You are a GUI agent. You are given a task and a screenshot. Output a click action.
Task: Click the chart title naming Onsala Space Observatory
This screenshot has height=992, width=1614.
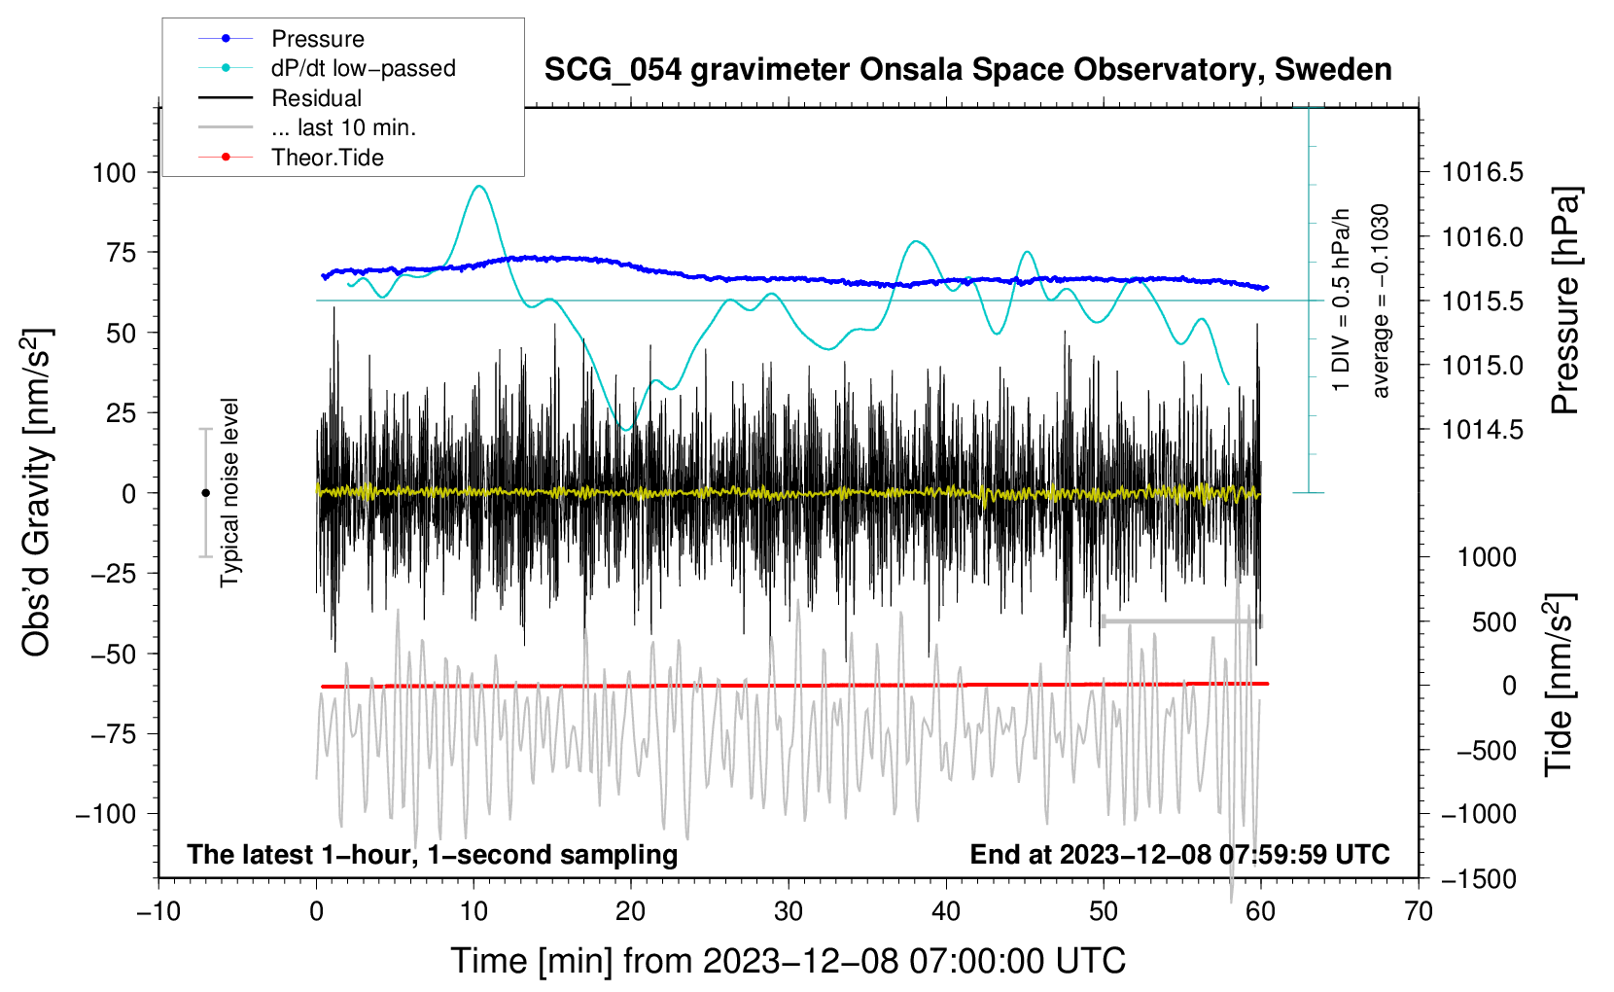[x=967, y=70]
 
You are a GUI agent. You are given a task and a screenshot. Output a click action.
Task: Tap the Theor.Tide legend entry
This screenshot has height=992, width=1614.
[x=327, y=158]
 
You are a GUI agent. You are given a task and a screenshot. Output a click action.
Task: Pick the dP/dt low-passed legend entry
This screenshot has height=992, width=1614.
[x=363, y=68]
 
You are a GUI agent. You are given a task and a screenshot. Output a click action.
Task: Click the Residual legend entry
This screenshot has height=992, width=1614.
[x=316, y=98]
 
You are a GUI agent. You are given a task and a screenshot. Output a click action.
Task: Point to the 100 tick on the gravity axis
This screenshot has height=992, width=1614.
[x=114, y=172]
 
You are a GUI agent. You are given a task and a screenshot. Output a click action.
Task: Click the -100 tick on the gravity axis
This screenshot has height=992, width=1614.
[x=106, y=813]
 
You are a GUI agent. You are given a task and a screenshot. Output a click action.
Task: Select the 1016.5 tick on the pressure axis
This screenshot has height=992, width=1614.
[x=1482, y=172]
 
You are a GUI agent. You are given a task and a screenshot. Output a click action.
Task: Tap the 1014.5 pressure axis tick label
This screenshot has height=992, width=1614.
[x=1482, y=429]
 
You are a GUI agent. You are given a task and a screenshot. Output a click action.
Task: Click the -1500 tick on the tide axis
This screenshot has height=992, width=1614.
[x=1478, y=878]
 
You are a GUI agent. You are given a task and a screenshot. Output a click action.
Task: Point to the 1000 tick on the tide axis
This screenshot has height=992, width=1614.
[x=1487, y=557]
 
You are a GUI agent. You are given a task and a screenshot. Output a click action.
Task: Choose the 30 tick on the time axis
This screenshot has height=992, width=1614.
[x=789, y=911]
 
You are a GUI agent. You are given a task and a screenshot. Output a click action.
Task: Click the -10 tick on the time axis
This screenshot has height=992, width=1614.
[x=158, y=911]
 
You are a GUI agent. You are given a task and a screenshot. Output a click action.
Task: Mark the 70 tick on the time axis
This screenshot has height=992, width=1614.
[x=1419, y=911]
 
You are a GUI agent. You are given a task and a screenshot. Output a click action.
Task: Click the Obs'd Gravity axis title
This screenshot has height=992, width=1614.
[x=37, y=492]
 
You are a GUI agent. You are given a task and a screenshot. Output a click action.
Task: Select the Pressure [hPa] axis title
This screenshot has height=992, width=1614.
[x=1565, y=301]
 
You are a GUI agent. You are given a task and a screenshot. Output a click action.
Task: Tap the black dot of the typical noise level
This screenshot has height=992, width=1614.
[x=205, y=493]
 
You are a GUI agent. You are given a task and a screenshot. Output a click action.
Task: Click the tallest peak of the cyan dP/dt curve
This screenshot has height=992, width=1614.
[x=478, y=187]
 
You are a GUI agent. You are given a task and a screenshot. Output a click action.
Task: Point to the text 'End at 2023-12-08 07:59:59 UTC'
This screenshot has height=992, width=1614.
[x=1179, y=854]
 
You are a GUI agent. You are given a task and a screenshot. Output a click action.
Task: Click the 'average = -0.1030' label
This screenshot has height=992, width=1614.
[x=1381, y=301]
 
